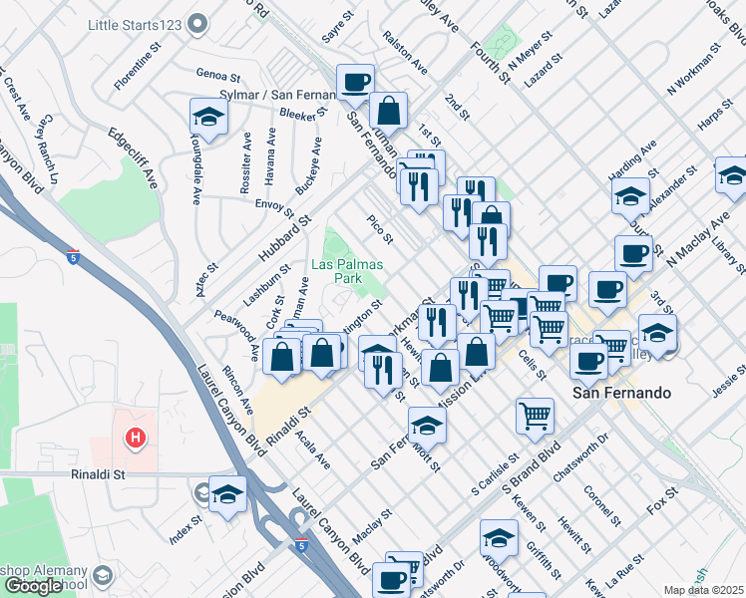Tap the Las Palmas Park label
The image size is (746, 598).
tap(336, 272)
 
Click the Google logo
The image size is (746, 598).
tap(33, 586)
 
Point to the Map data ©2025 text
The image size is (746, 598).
tap(704, 590)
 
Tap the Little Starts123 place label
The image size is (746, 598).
tap(131, 23)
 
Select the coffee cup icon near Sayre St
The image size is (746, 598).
tap(355, 82)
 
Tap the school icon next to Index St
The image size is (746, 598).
tap(227, 495)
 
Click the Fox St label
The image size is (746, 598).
tap(661, 499)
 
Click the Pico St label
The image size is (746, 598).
tap(380, 229)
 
